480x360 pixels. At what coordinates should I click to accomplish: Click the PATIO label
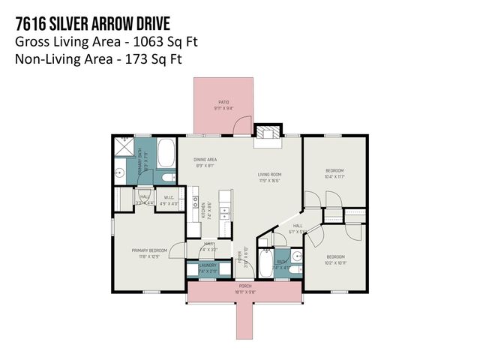point(224,102)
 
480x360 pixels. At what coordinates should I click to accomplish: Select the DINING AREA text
point(205,160)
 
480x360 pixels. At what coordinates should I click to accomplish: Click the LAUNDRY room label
point(208,265)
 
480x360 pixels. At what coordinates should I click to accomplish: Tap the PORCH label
point(245,286)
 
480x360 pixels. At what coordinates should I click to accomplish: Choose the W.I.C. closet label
point(169,199)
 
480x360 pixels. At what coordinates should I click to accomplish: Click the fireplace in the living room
point(266,133)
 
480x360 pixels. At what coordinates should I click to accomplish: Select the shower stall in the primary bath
point(122,147)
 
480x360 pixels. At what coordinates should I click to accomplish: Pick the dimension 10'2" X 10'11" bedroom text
point(334,262)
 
